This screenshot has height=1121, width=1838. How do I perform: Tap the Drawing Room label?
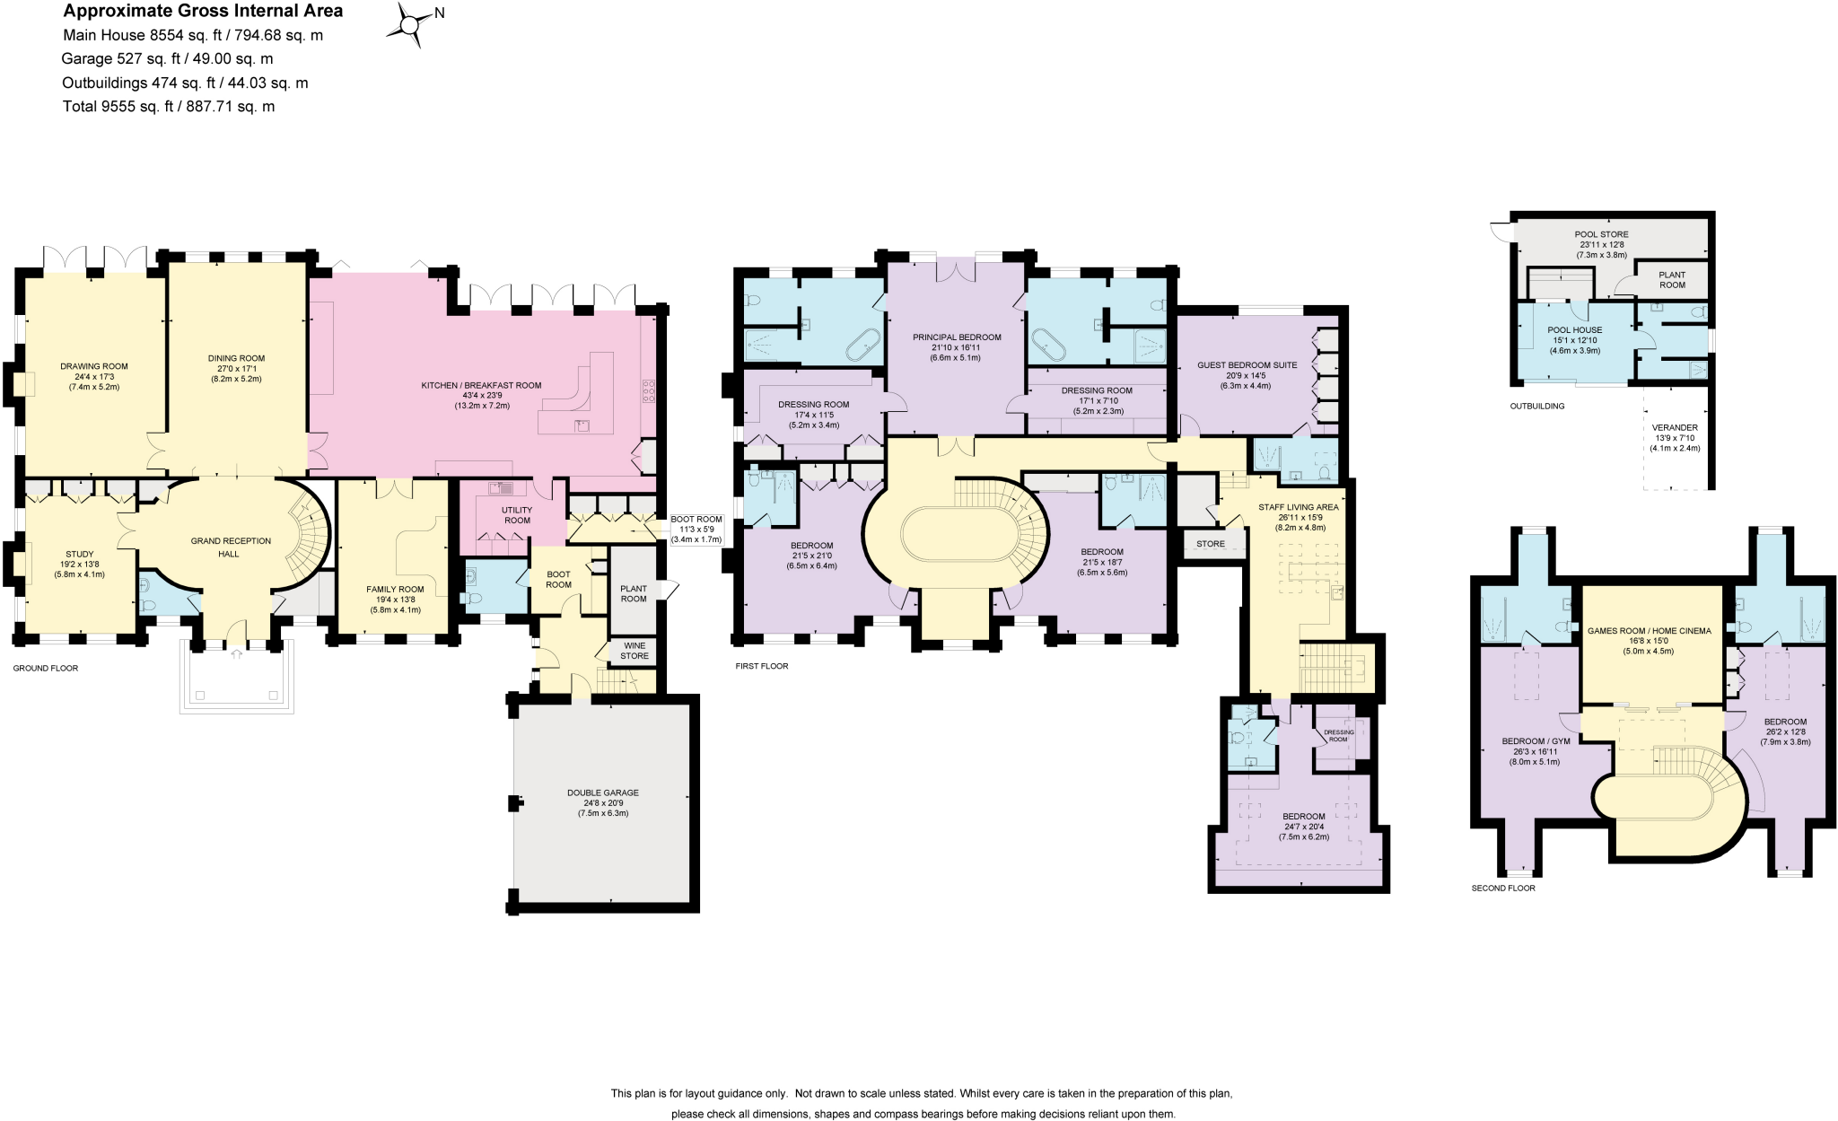tap(94, 366)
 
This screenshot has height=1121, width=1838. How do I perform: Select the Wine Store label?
tap(634, 651)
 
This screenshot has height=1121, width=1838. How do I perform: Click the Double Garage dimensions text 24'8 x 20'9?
tap(602, 803)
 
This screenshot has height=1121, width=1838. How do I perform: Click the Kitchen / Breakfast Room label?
tap(481, 386)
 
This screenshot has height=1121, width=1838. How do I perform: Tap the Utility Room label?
tap(517, 515)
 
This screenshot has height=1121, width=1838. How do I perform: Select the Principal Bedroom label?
tap(957, 337)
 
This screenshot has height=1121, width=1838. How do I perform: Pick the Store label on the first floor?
tap(1210, 544)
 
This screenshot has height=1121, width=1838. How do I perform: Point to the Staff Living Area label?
tap(1298, 507)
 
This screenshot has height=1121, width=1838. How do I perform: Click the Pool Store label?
tap(1601, 234)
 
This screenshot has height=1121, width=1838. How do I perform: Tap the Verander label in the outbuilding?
tap(1675, 427)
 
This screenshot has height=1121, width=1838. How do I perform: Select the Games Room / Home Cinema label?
tap(1649, 631)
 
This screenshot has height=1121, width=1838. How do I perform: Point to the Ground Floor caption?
tap(46, 669)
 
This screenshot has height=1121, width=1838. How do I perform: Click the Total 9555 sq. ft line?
tap(168, 106)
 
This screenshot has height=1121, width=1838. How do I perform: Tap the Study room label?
tap(80, 554)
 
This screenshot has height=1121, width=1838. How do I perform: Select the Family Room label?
tap(395, 590)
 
